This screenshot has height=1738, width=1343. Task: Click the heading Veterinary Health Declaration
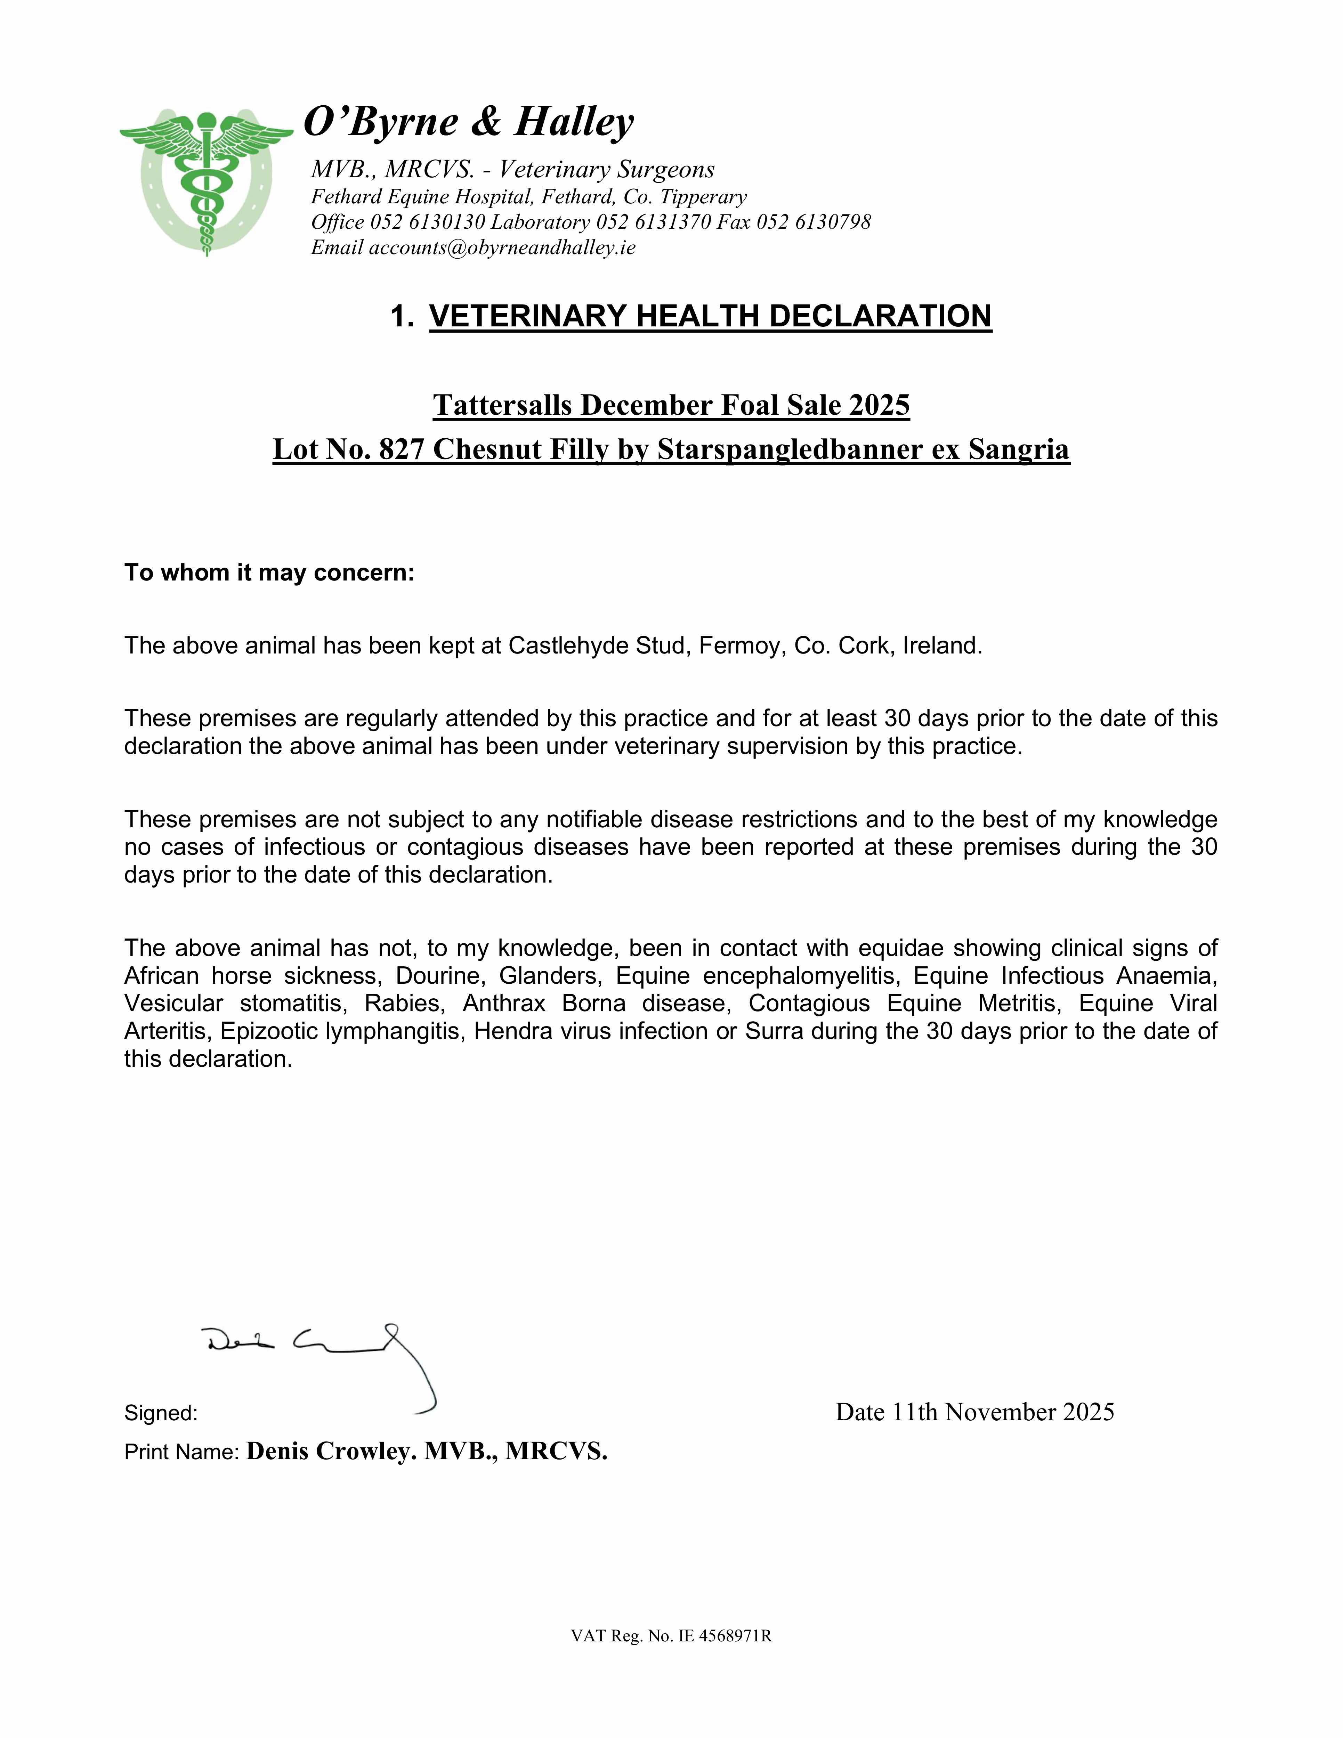coord(710,316)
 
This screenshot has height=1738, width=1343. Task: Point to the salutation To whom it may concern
coord(269,573)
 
